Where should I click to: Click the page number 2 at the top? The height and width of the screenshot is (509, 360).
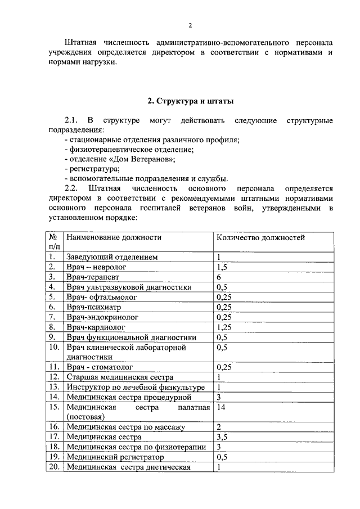[190, 25]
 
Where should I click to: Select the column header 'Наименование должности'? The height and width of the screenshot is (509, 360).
[114, 237]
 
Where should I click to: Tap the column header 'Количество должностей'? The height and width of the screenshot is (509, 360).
[261, 237]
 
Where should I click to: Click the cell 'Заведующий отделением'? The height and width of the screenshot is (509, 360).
[111, 257]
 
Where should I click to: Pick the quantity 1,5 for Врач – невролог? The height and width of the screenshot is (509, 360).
[222, 267]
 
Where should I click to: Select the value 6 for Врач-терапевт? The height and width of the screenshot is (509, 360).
[219, 277]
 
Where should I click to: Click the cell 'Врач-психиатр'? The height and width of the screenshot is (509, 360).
[93, 307]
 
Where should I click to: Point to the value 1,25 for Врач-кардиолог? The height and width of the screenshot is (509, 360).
[224, 327]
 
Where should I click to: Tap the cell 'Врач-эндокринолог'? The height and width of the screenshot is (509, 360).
[102, 317]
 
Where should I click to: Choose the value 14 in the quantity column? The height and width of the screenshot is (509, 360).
[221, 407]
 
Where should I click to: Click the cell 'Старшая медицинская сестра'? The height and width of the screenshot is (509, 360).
[120, 377]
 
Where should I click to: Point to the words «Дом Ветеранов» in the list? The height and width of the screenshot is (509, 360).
[145, 159]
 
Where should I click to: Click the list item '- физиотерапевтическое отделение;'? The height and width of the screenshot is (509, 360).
[129, 149]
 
